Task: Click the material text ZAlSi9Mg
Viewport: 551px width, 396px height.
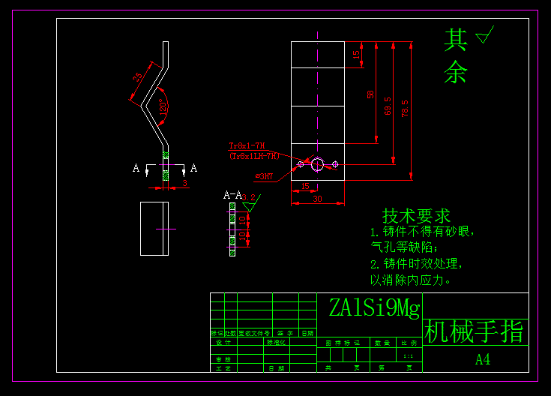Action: click(x=374, y=307)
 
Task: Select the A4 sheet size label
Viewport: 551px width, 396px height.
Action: click(x=483, y=359)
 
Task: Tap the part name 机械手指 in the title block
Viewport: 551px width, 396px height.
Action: click(x=475, y=332)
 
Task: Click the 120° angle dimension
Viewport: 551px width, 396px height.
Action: click(x=163, y=107)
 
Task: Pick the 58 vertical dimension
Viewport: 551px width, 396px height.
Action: click(x=370, y=94)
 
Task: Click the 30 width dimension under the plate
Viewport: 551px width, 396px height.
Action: click(x=317, y=199)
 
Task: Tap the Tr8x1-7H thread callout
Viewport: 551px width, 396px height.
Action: click(x=247, y=145)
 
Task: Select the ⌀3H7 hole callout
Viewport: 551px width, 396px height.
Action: click(x=264, y=177)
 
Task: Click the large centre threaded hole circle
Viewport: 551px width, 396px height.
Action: click(x=317, y=163)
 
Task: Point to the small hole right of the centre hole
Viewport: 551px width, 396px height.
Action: click(x=335, y=163)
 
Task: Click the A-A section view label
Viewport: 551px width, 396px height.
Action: click(x=232, y=195)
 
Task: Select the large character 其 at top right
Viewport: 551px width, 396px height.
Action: click(x=455, y=40)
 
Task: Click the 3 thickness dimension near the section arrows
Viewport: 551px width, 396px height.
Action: click(x=184, y=182)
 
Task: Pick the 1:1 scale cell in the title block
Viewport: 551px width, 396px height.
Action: click(x=408, y=355)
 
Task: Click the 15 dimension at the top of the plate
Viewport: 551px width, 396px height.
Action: click(x=357, y=54)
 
